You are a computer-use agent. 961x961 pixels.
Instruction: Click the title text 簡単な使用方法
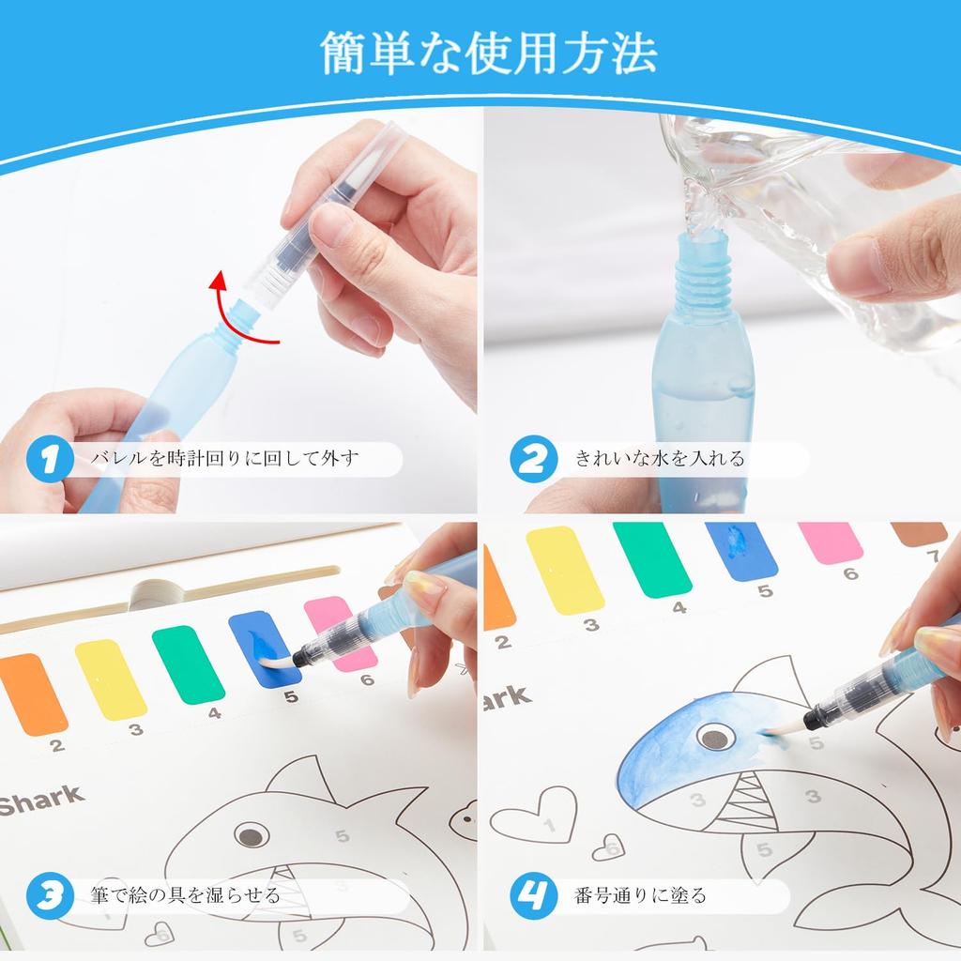tap(487, 53)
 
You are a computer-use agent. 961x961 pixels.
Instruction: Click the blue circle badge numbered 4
tap(530, 895)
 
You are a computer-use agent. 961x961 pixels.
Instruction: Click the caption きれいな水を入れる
tap(660, 459)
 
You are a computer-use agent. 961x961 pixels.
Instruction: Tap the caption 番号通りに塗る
tap(640, 895)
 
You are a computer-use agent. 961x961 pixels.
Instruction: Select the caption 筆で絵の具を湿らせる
tap(186, 895)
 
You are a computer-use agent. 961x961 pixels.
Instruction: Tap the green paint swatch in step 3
tap(188, 664)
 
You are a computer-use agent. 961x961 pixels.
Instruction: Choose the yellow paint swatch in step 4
tap(564, 571)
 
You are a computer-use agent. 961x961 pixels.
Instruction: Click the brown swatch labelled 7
tap(920, 533)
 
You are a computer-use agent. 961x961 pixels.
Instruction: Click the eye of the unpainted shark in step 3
tap(251, 834)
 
